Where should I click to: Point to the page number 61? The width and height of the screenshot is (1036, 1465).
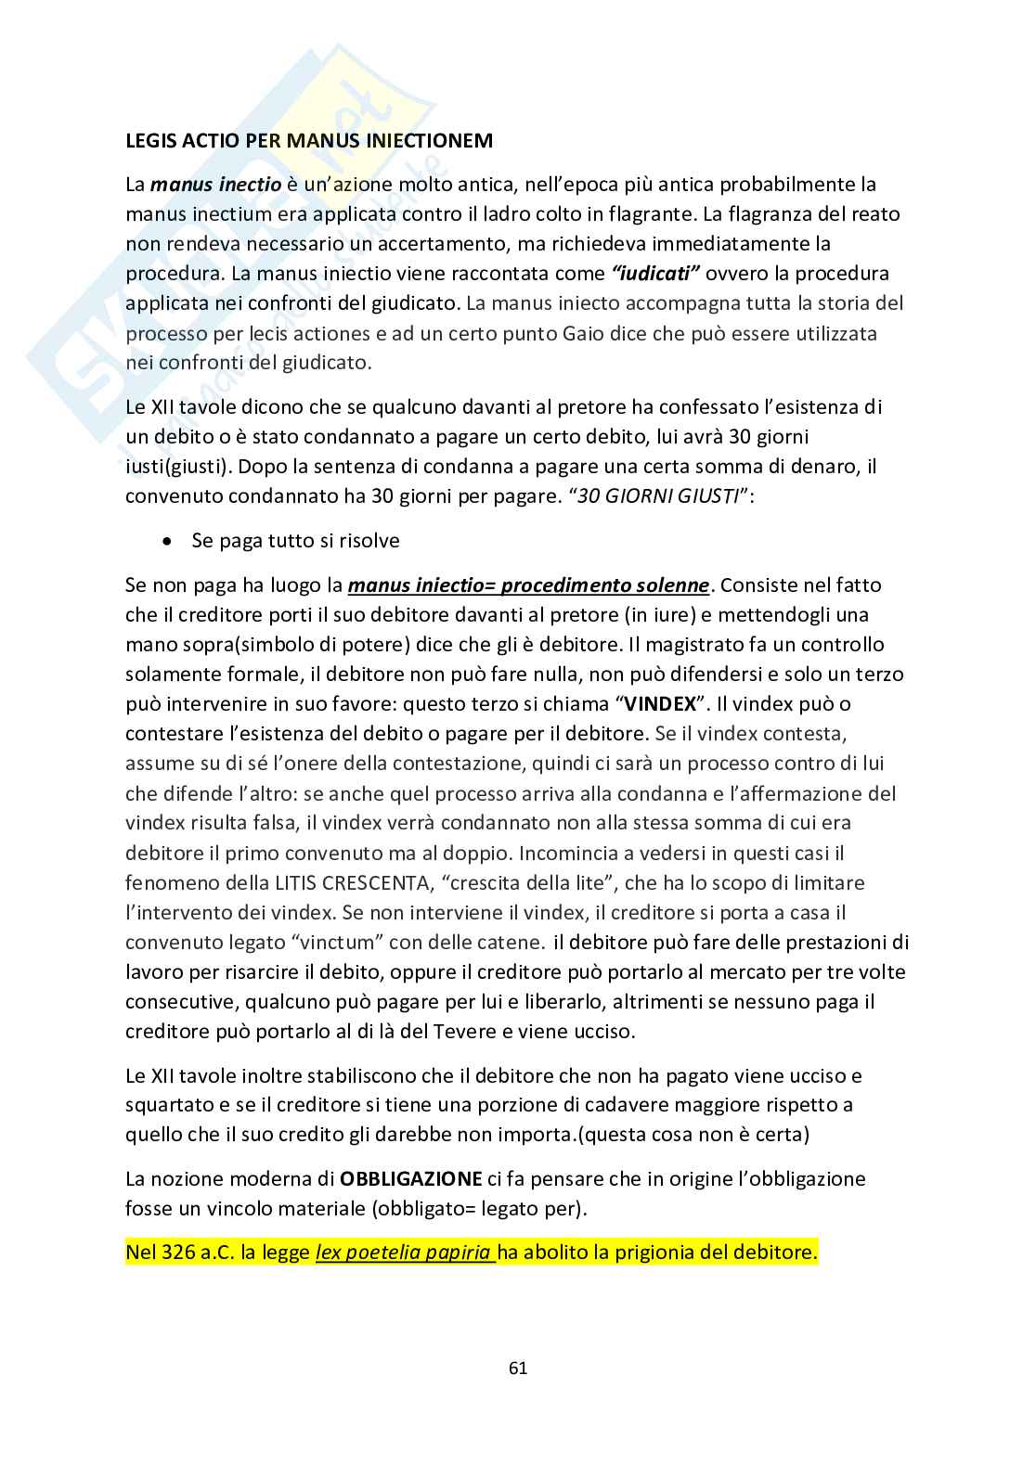(x=518, y=1368)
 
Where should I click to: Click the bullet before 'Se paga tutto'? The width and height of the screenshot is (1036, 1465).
(x=167, y=541)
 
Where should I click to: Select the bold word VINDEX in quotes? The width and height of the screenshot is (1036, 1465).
(x=660, y=703)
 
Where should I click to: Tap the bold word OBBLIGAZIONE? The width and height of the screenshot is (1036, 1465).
(x=410, y=1179)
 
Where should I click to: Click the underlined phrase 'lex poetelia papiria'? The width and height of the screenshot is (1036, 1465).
(x=404, y=1252)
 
